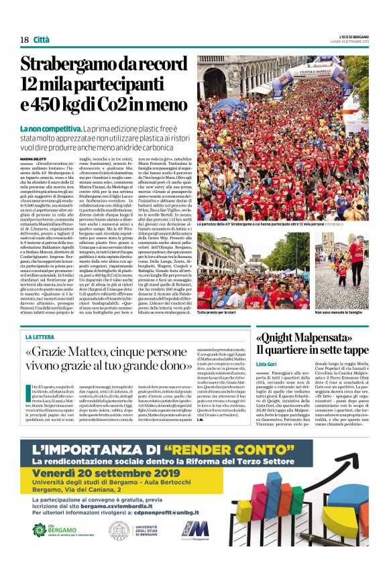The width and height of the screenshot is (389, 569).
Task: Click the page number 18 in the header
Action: coord(24,40)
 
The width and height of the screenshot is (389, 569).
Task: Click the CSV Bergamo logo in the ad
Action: coord(54,529)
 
